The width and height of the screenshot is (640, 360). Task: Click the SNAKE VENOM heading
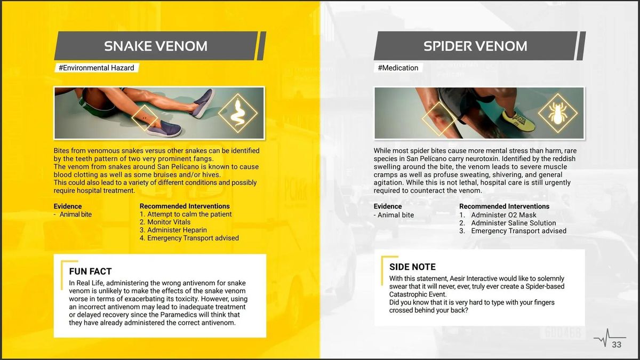(x=156, y=46)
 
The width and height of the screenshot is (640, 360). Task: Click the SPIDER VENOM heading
(x=475, y=46)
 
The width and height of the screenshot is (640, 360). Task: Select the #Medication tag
(x=398, y=68)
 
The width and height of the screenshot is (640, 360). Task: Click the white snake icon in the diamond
(x=237, y=113)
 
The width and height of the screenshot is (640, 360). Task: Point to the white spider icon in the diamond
(x=557, y=113)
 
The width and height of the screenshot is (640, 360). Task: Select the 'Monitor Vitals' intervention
(x=169, y=222)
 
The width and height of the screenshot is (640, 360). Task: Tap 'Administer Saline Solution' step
(x=513, y=223)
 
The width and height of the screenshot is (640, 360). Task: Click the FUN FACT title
(x=90, y=271)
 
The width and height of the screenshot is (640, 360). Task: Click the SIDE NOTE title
(x=412, y=267)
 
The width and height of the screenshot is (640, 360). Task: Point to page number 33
(x=617, y=345)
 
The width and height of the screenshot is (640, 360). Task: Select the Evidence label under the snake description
(x=68, y=206)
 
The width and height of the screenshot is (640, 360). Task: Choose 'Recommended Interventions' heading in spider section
(x=504, y=206)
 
